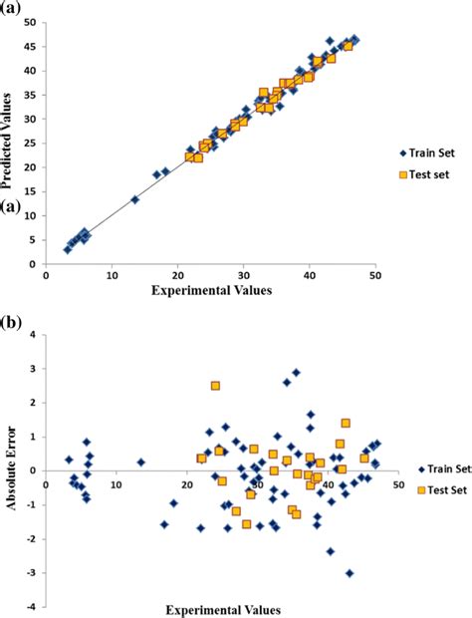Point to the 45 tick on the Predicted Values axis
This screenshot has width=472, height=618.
[32, 46]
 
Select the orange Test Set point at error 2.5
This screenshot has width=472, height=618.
[215, 386]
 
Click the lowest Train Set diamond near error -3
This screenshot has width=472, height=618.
[350, 573]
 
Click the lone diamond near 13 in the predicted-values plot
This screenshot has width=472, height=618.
[134, 199]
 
